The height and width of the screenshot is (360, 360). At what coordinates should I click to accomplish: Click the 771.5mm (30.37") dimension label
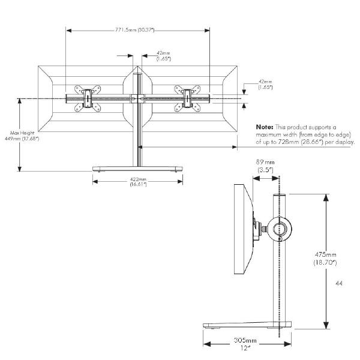tap(138, 30)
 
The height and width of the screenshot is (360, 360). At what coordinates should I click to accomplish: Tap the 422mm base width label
tap(139, 179)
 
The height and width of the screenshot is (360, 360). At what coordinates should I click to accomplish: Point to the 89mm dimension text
tap(264, 162)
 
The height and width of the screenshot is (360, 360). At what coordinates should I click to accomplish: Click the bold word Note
tap(265, 128)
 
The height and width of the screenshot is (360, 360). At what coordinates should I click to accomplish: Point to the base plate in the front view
tap(137, 167)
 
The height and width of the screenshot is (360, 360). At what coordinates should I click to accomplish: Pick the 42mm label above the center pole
tap(163, 53)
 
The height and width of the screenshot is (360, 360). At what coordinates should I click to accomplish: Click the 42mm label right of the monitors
tap(265, 81)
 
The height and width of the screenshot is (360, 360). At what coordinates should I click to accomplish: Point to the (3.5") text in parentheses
tap(264, 170)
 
